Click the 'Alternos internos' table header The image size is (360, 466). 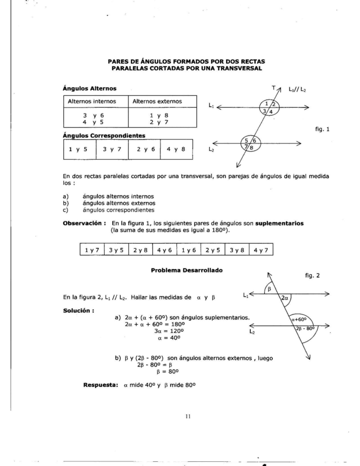pyautogui.click(x=92, y=101)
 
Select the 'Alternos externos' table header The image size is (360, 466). pyautogui.click(x=157, y=101)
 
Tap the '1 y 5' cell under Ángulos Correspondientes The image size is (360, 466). pyautogui.click(x=78, y=149)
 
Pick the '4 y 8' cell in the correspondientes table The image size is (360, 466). pyautogui.click(x=176, y=149)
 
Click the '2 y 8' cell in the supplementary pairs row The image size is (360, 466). pyautogui.click(x=140, y=250)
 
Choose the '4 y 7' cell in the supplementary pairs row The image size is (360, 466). pyautogui.click(x=261, y=250)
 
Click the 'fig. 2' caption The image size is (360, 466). pyautogui.click(x=312, y=275)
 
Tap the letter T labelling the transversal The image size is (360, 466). pyautogui.click(x=273, y=88)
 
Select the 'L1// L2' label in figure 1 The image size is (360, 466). pyautogui.click(x=297, y=89)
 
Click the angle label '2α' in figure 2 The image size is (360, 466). pyautogui.click(x=285, y=298)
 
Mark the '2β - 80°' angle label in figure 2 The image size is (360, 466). pyautogui.click(x=305, y=328)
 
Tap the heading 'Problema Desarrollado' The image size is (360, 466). pyautogui.click(x=187, y=270)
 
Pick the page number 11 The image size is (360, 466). pyautogui.click(x=188, y=416)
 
